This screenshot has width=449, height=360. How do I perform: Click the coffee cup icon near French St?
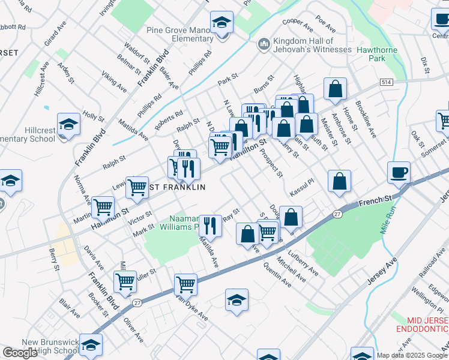[x=399, y=173]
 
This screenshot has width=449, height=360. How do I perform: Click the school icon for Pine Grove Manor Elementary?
[x=222, y=23]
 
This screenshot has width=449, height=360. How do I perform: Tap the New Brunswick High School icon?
[x=91, y=346]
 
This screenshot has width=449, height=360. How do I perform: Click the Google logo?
[x=20, y=353]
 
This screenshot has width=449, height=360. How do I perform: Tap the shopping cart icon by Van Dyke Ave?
[x=185, y=284]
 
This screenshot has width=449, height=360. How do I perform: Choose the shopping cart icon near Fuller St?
[x=125, y=280]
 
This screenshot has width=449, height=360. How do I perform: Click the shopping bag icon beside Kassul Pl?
[x=339, y=182]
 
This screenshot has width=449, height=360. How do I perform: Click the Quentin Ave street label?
[x=277, y=275]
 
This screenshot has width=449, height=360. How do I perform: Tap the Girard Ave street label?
[x=55, y=35]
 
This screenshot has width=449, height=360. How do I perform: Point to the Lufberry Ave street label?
[x=304, y=263]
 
